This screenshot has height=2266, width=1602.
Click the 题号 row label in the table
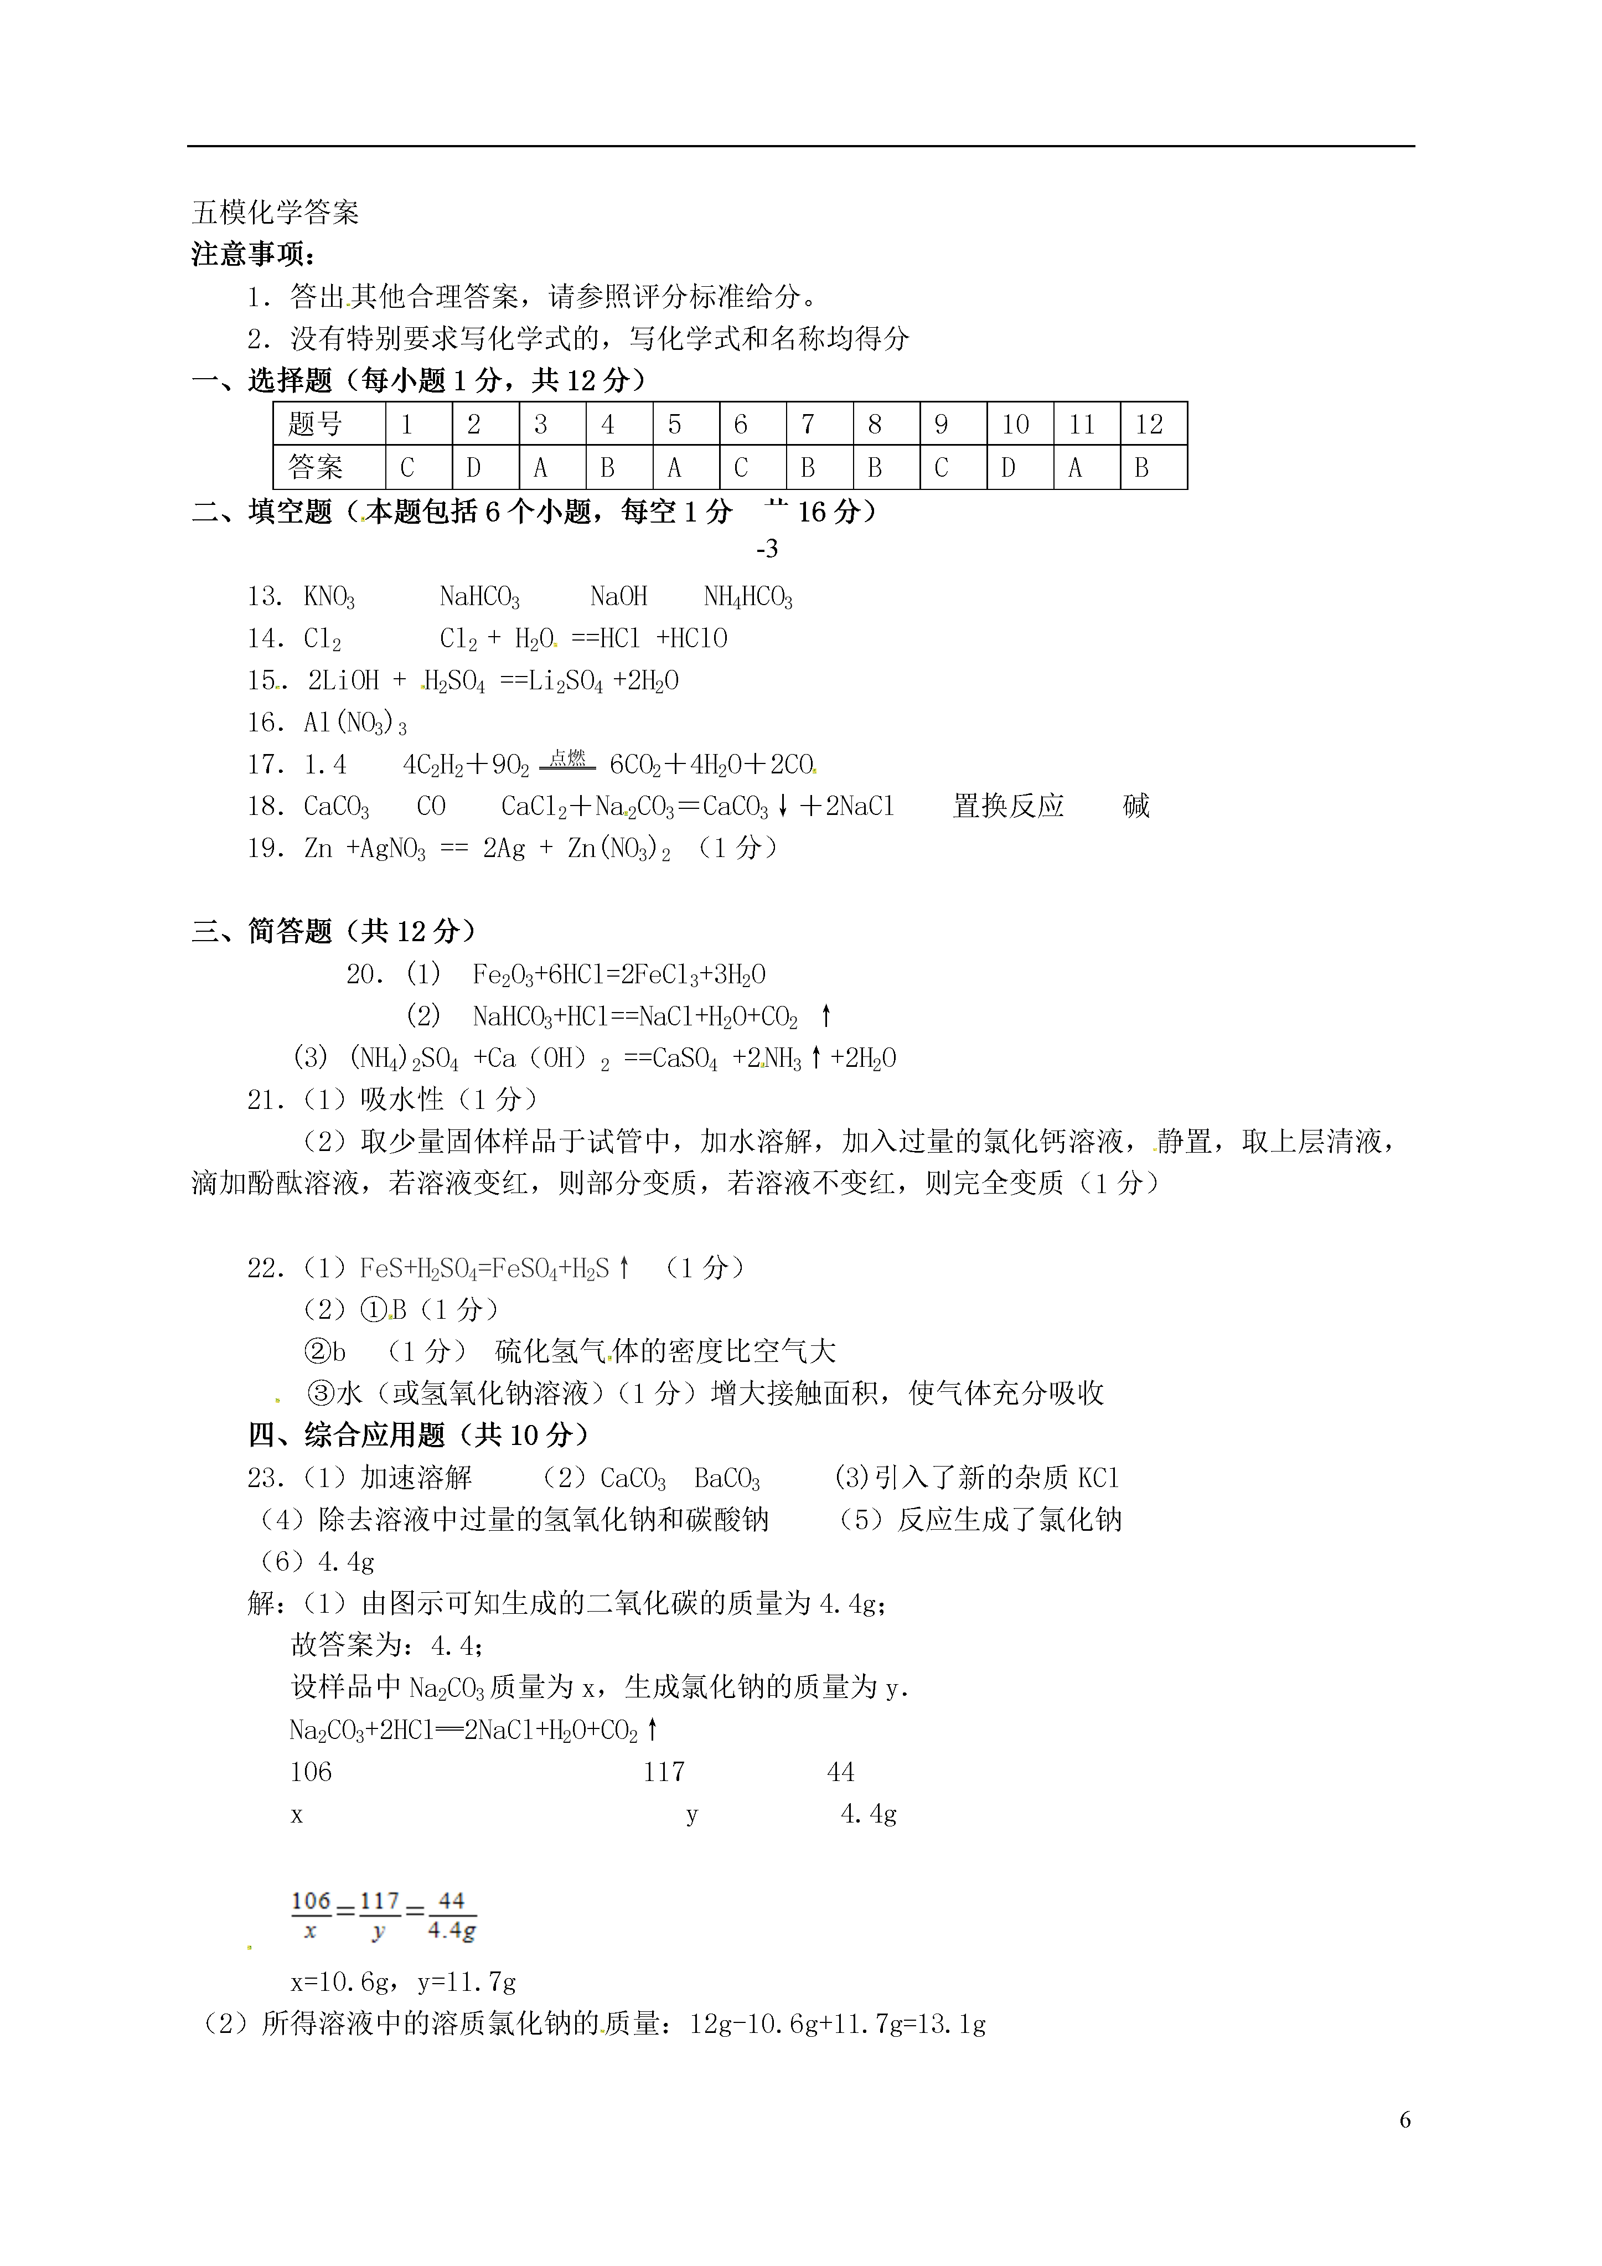click(x=316, y=425)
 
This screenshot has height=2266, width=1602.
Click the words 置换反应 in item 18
click(x=1008, y=806)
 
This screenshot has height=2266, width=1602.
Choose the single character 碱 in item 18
click(x=1136, y=806)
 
